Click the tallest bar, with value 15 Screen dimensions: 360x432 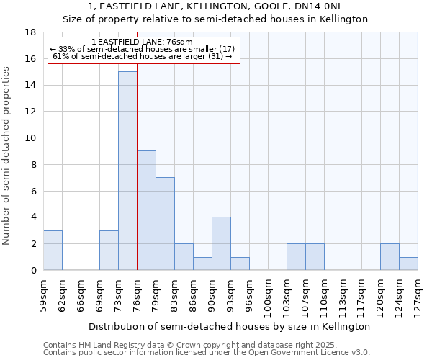click(127, 171)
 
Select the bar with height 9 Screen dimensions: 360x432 click(146, 210)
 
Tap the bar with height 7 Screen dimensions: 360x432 click(165, 223)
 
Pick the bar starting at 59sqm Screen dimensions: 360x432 click(53, 250)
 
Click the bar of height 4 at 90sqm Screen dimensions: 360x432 click(221, 243)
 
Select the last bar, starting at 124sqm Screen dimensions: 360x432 click(408, 264)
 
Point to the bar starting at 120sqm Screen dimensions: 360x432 click(390, 257)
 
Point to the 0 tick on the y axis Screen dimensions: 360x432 click(33, 271)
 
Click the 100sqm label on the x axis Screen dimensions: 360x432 click(268, 297)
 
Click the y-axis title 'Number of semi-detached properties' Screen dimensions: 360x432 click(7, 156)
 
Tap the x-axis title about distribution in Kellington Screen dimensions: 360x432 click(230, 326)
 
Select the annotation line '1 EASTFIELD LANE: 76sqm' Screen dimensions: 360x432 click(143, 42)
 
